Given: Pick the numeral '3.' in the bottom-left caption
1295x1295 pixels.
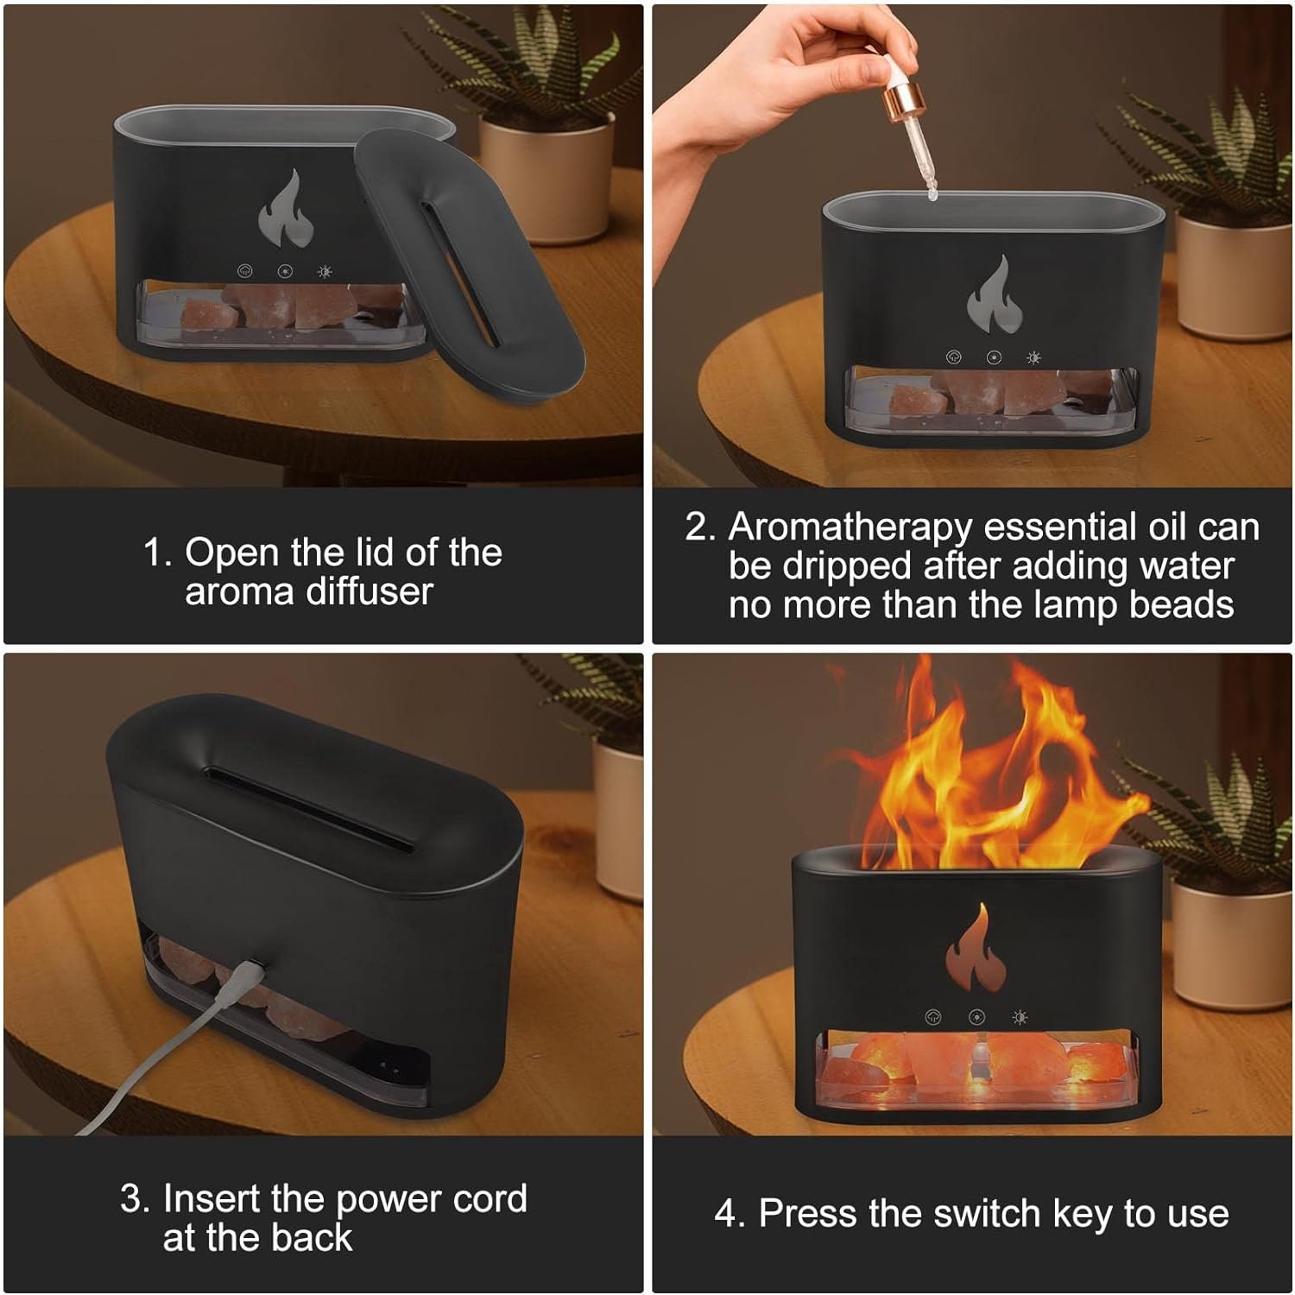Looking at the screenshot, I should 136,1198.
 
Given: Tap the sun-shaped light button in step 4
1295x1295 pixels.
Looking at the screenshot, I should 1020,1018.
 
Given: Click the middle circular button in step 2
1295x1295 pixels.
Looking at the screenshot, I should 994,357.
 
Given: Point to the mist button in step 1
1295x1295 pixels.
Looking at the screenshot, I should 245,271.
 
